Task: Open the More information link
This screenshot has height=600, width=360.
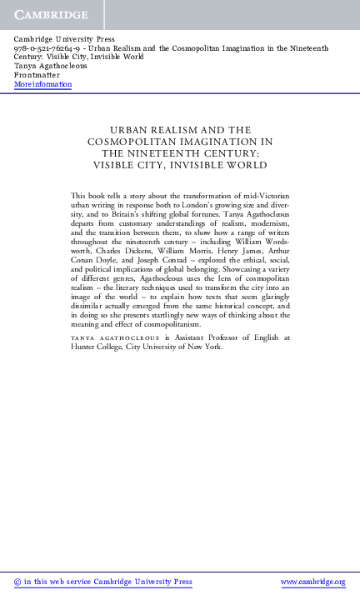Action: point(42,85)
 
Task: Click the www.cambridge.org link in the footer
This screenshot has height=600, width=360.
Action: point(312,582)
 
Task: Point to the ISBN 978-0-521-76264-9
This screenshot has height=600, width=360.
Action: point(46,49)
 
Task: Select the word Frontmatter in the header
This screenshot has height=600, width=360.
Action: point(37,76)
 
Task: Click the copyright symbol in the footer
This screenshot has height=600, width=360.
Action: point(19,582)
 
